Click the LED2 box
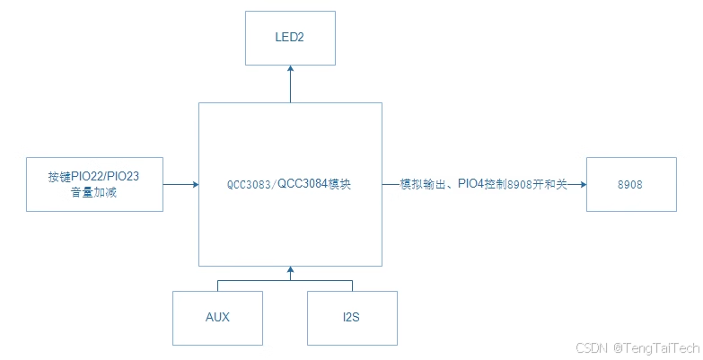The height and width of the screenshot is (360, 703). pos(290,38)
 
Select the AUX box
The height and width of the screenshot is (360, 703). pos(217,318)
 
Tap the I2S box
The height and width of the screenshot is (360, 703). pos(352,318)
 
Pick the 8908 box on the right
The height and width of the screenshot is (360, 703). pos(631,184)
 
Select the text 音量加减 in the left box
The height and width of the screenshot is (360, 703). pos(94,192)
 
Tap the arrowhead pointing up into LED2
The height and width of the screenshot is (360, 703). pos(290,69)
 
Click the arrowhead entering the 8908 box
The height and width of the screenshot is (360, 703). pos(582,184)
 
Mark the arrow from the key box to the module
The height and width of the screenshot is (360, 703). pos(180,184)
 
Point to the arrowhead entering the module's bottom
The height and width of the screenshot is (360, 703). pos(290,270)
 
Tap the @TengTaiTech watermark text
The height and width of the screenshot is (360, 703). pos(656,347)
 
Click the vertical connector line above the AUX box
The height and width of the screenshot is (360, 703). pos(217,285)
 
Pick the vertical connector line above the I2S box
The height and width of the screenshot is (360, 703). pos(352,285)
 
